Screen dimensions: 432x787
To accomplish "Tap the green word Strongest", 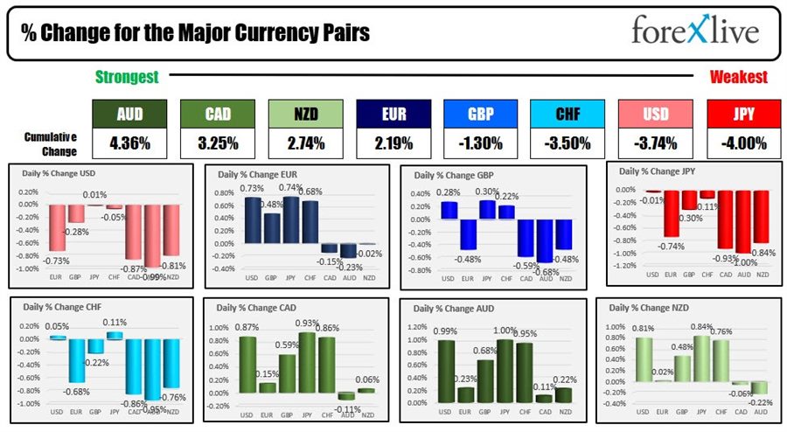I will pyautogui.click(x=127, y=77).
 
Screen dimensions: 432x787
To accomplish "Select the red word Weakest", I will pyautogui.click(x=738, y=77).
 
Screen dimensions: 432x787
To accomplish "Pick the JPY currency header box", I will pyautogui.click(x=743, y=113).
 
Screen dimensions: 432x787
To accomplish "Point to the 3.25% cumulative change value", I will pyautogui.click(x=218, y=143).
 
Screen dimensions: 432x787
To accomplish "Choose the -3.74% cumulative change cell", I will pyautogui.click(x=656, y=143).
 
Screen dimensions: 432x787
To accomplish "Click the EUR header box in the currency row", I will pyautogui.click(x=393, y=113).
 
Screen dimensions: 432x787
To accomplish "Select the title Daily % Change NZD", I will pyautogui.click(x=648, y=309).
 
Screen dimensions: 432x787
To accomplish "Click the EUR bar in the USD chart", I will pyautogui.click(x=56, y=226).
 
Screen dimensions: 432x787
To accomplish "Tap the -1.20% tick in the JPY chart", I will pyautogui.click(x=624, y=265).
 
